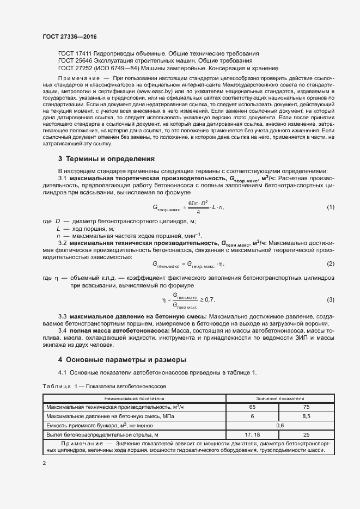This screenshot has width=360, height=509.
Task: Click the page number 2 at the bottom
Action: click(44, 463)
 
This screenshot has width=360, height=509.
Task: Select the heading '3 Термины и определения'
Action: click(106, 159)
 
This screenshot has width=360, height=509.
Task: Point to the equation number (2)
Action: click(330, 264)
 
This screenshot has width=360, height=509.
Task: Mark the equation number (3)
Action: click(330, 300)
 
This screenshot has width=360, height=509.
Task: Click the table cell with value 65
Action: click(252, 407)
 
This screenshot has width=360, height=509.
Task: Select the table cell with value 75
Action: click(306, 407)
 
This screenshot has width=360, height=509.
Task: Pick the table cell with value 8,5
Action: click(306, 416)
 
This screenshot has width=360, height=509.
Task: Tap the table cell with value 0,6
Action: click(280, 426)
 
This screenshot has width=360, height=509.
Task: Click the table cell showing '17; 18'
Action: click(252, 435)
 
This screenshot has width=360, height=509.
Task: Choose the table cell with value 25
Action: click(306, 435)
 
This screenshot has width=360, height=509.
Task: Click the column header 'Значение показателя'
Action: click(280, 398)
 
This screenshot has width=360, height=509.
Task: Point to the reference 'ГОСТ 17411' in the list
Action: click(75, 54)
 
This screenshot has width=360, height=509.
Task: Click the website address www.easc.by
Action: click(156, 93)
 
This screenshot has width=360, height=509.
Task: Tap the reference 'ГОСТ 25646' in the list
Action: click(75, 62)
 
